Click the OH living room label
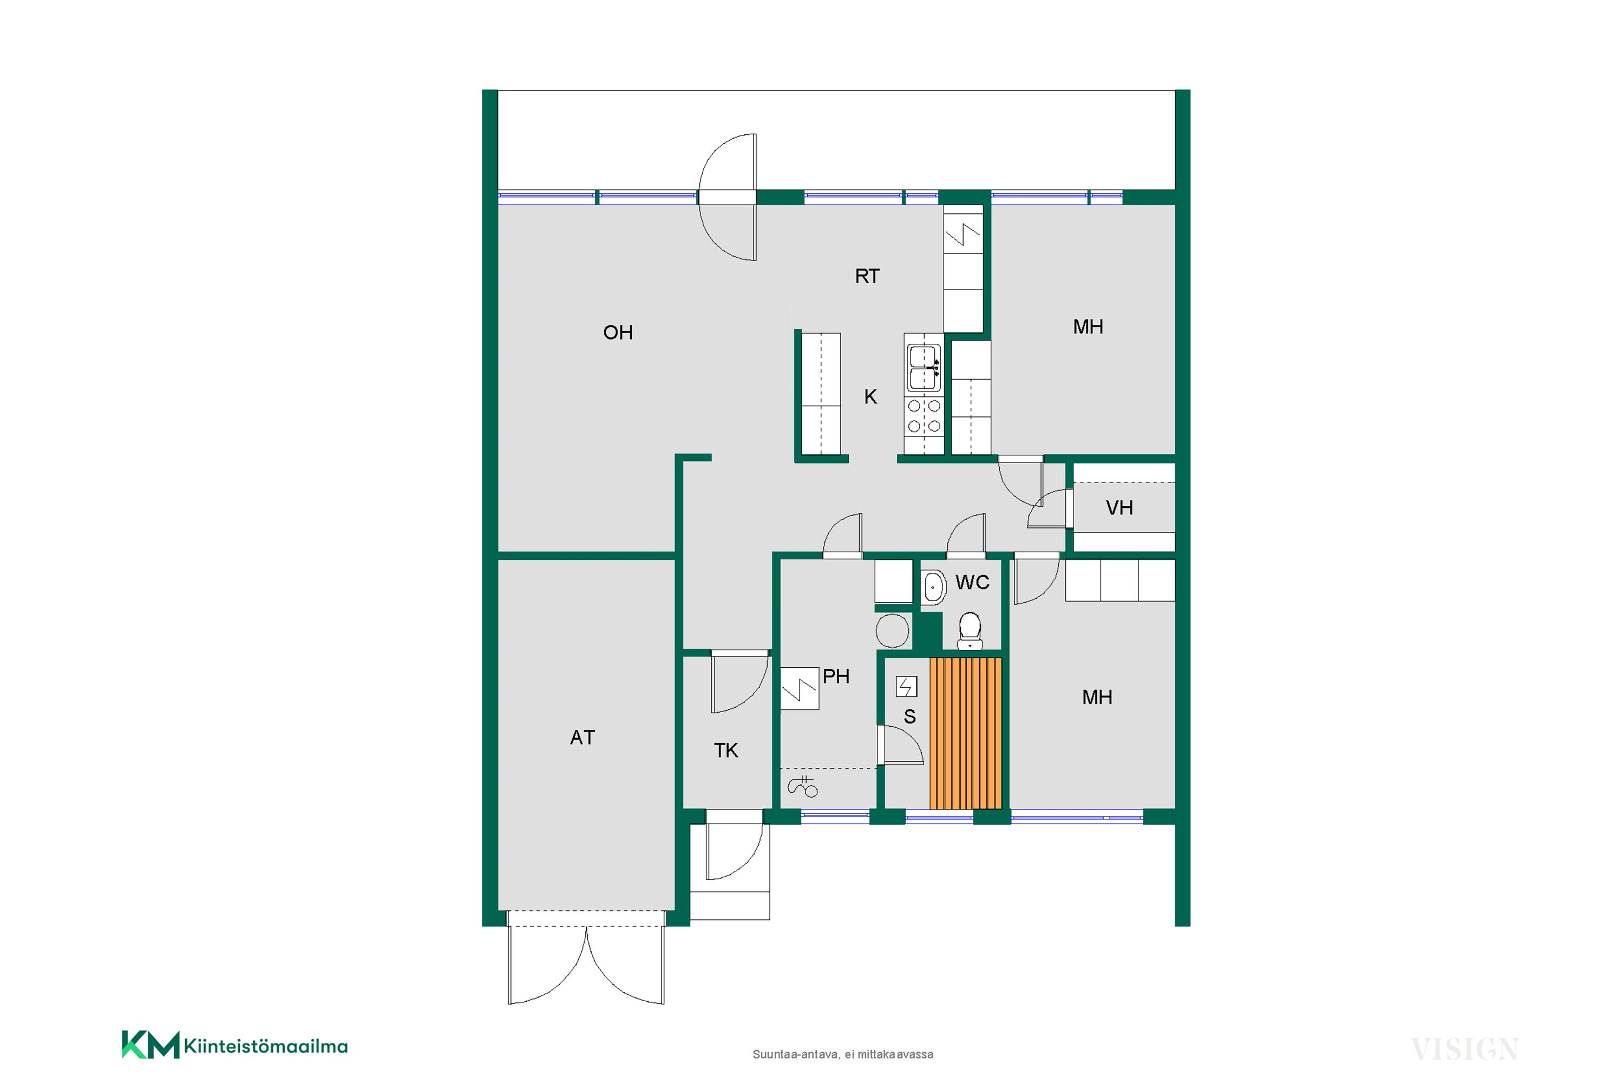[618, 332]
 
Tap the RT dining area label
[867, 276]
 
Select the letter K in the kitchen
[870, 396]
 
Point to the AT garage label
[582, 738]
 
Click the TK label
[726, 750]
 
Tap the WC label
[972, 582]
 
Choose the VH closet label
[1119, 508]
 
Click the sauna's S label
[910, 717]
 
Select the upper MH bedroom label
[1088, 327]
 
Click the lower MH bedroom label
[1097, 697]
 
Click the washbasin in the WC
[933, 587]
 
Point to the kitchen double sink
[923, 368]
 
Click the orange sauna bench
[965, 733]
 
